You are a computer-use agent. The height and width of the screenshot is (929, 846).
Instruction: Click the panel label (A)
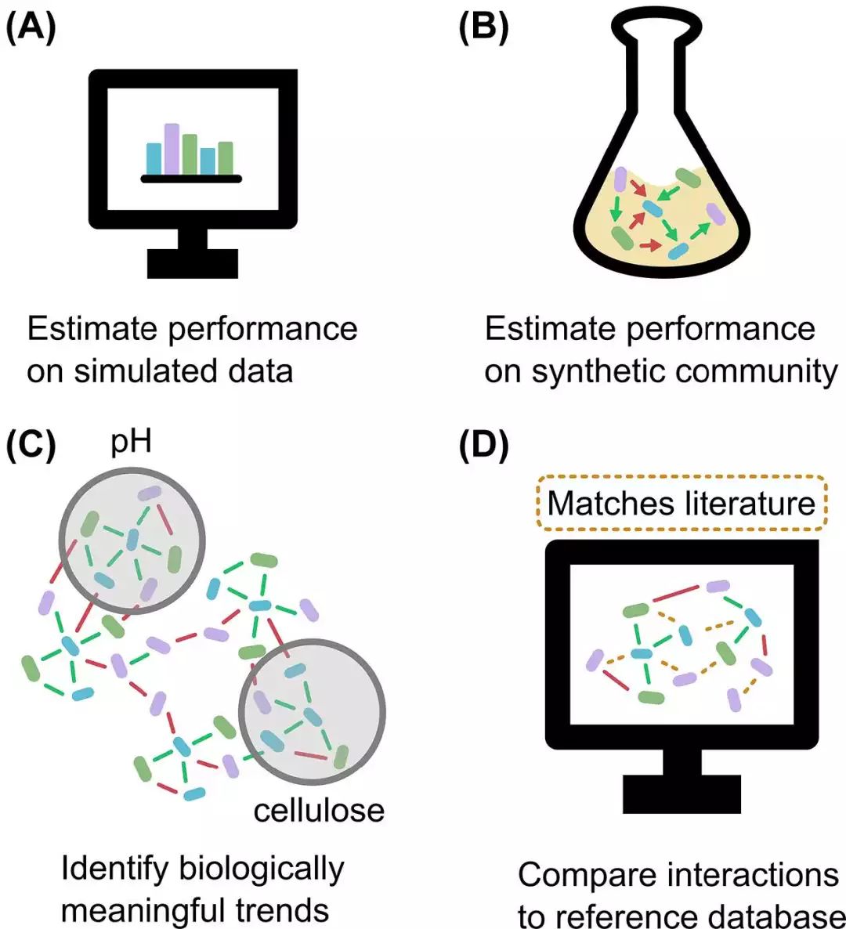click(31, 28)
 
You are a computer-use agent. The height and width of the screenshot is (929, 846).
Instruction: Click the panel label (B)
click(483, 28)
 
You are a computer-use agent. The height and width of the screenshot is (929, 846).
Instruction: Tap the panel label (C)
click(31, 445)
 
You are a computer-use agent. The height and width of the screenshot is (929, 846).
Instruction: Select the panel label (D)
click(484, 445)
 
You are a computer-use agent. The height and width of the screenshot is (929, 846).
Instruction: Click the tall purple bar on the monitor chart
click(172, 149)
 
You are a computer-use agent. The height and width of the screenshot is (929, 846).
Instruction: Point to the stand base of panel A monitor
click(193, 263)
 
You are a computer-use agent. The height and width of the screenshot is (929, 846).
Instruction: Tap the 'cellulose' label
click(319, 810)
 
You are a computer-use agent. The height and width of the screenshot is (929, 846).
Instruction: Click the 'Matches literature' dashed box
click(681, 503)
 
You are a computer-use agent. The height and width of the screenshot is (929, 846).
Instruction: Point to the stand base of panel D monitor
click(681, 794)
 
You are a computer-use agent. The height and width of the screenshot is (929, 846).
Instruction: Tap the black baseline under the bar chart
click(191, 179)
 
